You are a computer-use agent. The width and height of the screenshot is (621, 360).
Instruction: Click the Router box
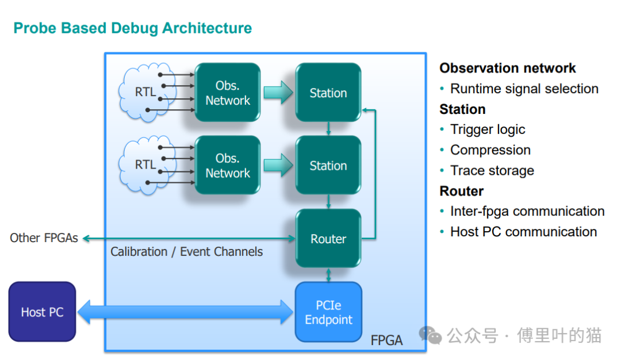click(328, 239)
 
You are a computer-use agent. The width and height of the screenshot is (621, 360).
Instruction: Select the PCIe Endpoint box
click(328, 312)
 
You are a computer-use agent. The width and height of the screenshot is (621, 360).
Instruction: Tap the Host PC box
click(42, 312)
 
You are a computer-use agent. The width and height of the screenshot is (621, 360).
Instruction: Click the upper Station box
click(328, 93)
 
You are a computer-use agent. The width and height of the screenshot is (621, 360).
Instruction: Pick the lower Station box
click(328, 166)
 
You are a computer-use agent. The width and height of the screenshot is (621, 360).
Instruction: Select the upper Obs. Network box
click(228, 93)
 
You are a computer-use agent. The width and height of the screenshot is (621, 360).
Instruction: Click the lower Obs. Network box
click(228, 166)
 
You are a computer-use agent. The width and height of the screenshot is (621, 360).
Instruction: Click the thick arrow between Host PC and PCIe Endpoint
click(185, 312)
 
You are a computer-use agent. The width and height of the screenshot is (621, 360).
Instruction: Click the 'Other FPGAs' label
click(44, 238)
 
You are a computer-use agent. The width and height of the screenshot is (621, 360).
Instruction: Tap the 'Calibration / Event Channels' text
click(186, 252)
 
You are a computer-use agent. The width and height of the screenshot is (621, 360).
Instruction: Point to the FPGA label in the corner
click(386, 340)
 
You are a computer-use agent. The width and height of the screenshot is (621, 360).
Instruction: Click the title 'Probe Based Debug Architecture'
click(132, 28)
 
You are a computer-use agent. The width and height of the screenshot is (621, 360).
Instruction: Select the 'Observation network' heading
click(507, 68)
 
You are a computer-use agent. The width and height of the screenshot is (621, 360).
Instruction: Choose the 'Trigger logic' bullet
click(488, 130)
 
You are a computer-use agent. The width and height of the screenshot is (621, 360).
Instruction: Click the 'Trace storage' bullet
click(492, 171)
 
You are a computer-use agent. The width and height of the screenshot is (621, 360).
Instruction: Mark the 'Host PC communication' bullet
click(523, 232)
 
